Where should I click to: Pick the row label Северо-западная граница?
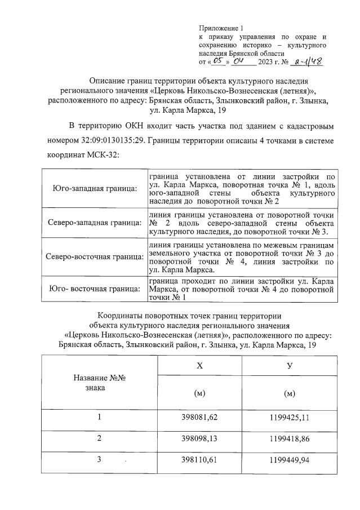pos(94,223)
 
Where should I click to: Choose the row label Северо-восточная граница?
pos(94,257)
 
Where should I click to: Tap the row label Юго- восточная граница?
pos(94,289)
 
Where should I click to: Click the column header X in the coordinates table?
pos(199,366)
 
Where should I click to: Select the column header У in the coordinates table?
pos(290,366)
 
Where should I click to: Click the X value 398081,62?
pos(199,417)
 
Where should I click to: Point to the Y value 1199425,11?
pos(290,417)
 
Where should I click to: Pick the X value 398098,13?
pos(199,438)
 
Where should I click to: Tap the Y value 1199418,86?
pos(290,438)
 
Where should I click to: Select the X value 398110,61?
pos(199,459)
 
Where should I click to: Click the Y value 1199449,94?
pos(290,459)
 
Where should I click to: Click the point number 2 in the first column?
pos(99,438)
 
